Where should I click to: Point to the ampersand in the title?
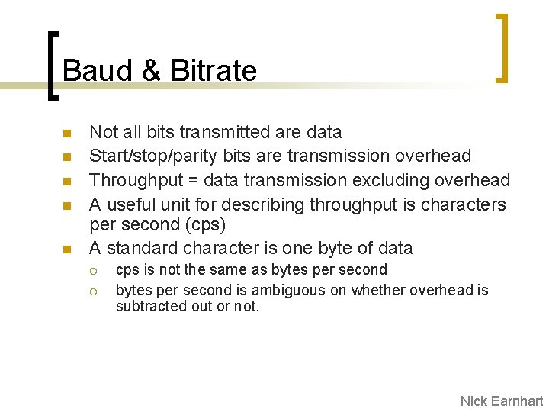(151, 71)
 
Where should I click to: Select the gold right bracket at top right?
(502, 47)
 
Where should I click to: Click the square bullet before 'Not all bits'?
(66, 134)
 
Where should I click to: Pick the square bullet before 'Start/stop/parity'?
(66, 157)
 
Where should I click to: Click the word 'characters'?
(465, 204)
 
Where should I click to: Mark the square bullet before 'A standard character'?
(66, 249)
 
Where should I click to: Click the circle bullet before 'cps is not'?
(93, 270)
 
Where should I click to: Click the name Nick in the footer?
(474, 401)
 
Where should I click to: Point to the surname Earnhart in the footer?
(518, 401)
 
